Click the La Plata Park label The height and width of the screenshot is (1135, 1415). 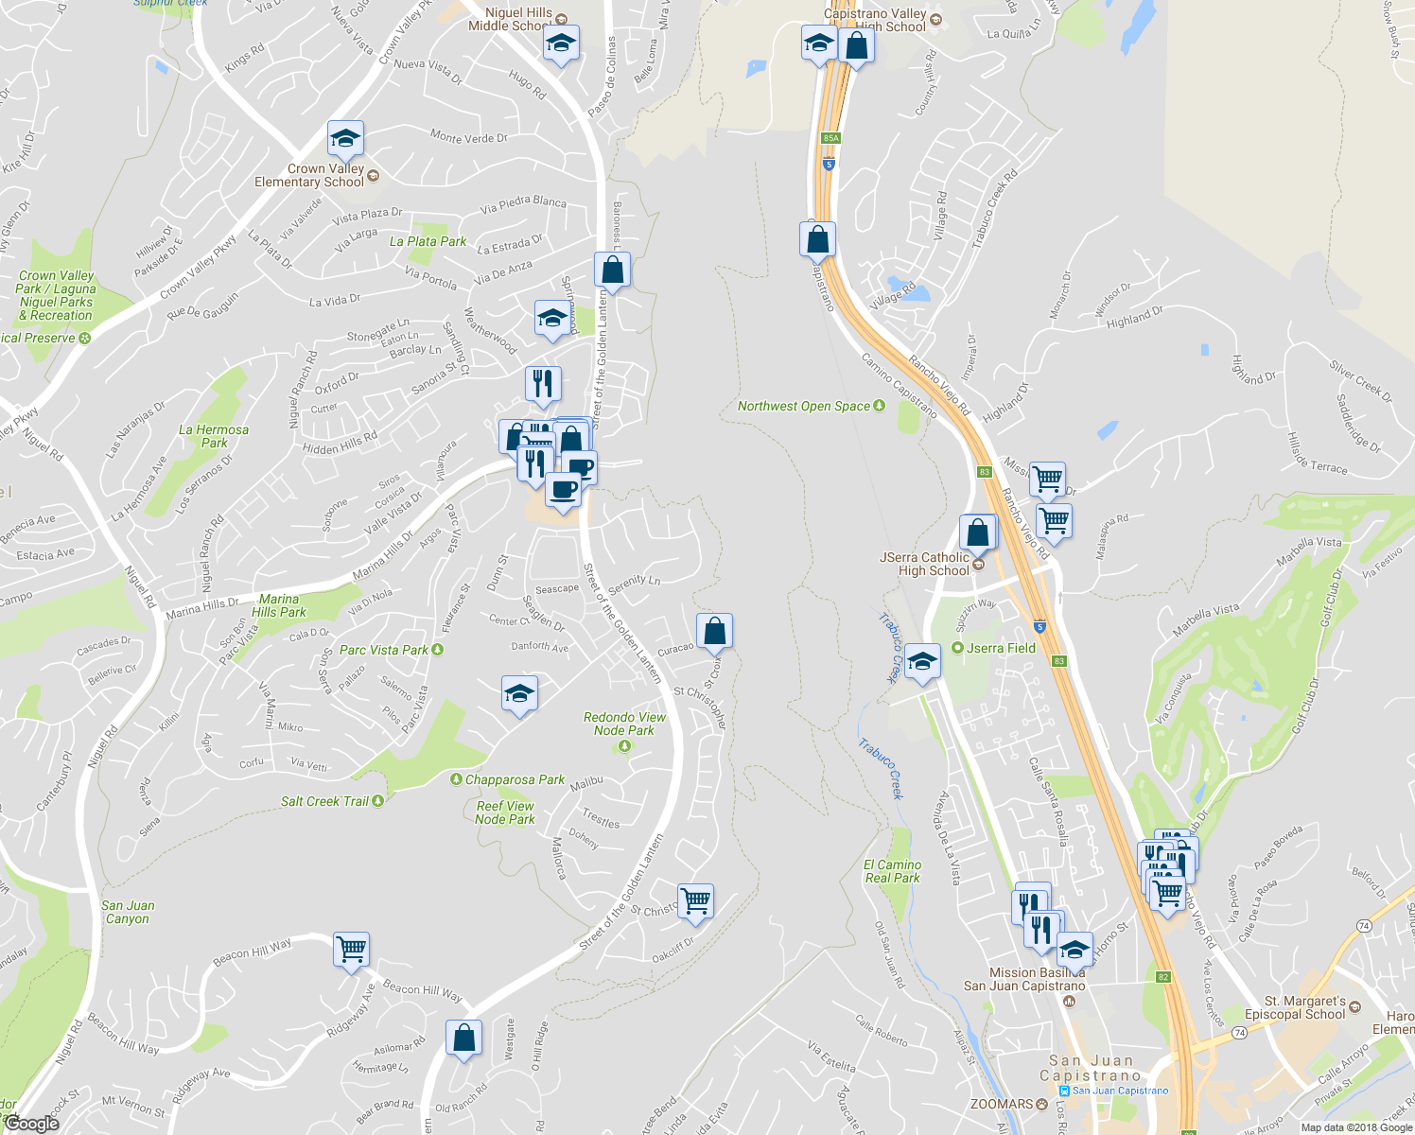pos(428,241)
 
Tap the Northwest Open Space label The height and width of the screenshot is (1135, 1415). pos(804,406)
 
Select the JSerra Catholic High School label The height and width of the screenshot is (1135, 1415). pos(925,564)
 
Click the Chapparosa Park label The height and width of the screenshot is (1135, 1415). pos(515,780)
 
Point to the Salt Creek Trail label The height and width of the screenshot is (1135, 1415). pos(324,801)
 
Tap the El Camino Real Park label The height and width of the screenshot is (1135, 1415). pos(892,871)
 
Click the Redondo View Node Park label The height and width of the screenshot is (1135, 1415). pos(624,724)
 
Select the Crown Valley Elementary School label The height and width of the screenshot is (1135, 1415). pos(309,175)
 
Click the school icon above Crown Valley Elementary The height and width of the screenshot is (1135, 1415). pos(345,140)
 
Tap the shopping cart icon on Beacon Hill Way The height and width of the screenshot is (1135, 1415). pos(351,948)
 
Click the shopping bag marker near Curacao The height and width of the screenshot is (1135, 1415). pos(715,630)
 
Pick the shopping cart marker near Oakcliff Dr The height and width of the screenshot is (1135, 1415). pos(695,900)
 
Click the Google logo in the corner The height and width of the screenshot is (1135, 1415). pos(31,1124)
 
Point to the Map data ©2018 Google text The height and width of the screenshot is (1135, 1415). pos(1355,1127)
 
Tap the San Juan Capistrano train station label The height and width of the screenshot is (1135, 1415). pos(1120,1091)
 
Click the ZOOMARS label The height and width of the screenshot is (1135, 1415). pos(1002,1104)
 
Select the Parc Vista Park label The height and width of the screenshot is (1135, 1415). pos(384,650)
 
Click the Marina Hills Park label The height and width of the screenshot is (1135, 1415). pos(279,605)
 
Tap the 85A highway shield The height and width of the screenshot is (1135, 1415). pos(830,138)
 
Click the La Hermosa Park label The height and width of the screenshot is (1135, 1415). pos(214,436)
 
